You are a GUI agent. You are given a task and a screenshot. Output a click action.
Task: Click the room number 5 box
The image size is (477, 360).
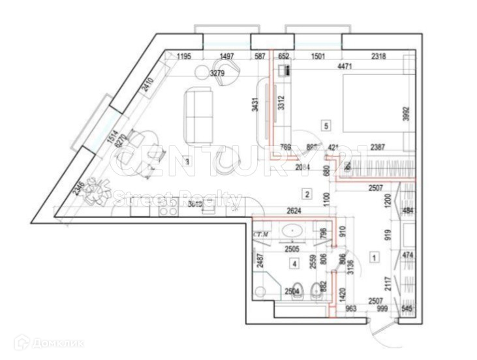(326, 125)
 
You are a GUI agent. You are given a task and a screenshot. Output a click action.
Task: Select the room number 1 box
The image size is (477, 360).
(374, 258)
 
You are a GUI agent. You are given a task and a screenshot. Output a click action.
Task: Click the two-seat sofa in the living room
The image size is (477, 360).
(198, 117)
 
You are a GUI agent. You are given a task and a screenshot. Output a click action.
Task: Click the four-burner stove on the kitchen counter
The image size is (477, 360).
(168, 208)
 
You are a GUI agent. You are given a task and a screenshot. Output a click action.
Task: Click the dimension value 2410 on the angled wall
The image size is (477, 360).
(148, 85)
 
